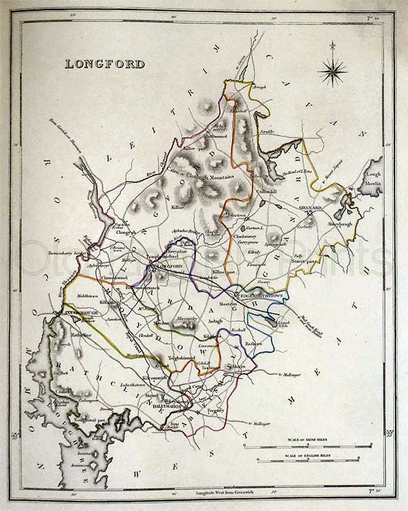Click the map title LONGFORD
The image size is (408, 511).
105,65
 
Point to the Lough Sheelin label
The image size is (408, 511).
375,179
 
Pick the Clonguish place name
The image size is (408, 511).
126,231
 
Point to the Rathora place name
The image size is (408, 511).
254,344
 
